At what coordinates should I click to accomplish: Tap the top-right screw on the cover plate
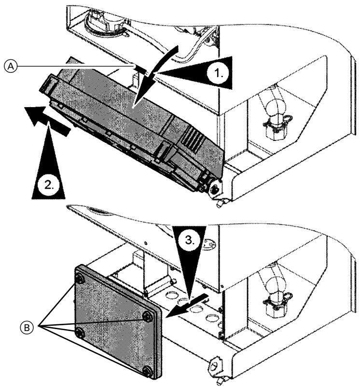click(145, 316)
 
